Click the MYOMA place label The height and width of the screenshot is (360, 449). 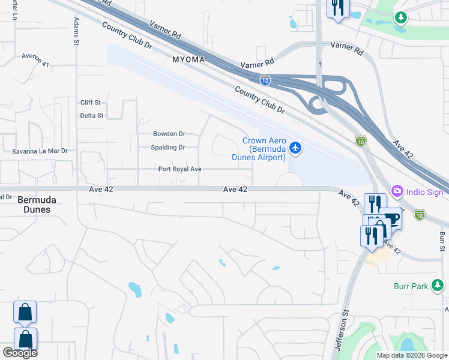click(x=188, y=60)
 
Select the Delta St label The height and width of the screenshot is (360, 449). click(x=92, y=115)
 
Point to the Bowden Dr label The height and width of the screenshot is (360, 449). click(x=169, y=134)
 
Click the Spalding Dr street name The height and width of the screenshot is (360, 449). click(x=168, y=147)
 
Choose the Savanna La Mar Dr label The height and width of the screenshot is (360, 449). click(x=40, y=152)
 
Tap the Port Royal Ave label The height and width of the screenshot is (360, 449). click(x=179, y=169)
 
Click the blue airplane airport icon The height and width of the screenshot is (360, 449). click(x=295, y=146)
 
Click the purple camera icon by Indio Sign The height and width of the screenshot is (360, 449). click(x=397, y=191)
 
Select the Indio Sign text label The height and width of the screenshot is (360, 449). click(x=425, y=192)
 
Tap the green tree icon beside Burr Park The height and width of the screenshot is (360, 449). click(x=438, y=286)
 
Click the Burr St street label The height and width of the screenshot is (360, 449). click(x=442, y=241)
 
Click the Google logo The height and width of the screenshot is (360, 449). click(x=20, y=353)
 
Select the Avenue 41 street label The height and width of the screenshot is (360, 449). click(x=35, y=59)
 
